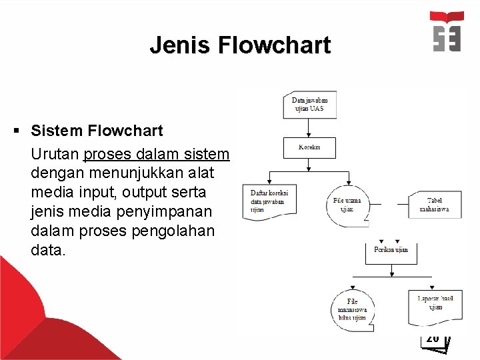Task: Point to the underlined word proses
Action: point(107,154)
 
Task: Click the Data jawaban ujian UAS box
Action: point(309,105)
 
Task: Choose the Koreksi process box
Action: point(309,147)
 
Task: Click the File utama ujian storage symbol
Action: point(347,204)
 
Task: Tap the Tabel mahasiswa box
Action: point(434,203)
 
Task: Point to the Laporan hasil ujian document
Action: point(435,305)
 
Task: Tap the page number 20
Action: point(433,339)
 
